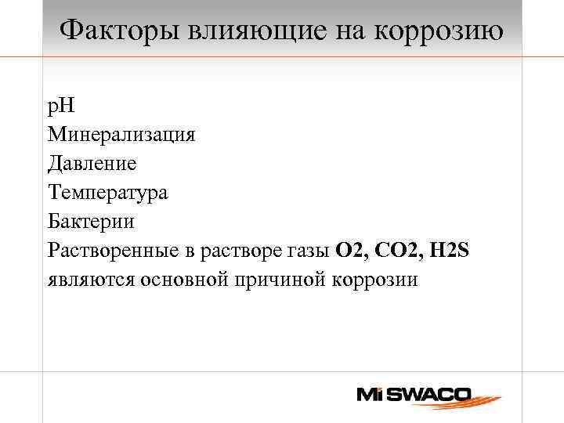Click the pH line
pyautogui.click(x=60, y=106)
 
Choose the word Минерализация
pyautogui.click(x=121, y=135)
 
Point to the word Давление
pyautogui.click(x=92, y=164)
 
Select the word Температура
pyautogui.click(x=107, y=193)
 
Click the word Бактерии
pyautogui.click(x=91, y=222)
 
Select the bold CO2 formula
pyautogui.click(x=396, y=251)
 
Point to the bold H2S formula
pyautogui.click(x=450, y=251)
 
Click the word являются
pyautogui.click(x=91, y=280)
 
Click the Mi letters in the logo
pyautogui.click(x=371, y=395)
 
